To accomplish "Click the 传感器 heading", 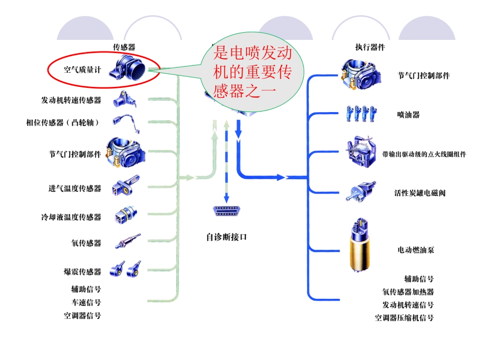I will coord(124,47).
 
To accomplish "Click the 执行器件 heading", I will coord(370,47).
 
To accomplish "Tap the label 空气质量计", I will coord(82,70).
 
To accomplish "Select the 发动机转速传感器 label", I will coord(71,100).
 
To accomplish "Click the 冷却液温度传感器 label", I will coord(71,217).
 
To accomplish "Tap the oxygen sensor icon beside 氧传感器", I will coord(127,241).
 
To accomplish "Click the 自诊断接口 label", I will coord(226,236).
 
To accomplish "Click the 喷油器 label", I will coord(408,115).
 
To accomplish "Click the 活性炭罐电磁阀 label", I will coord(419,193).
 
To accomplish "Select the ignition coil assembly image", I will coord(361,151).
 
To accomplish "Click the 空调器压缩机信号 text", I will coord(404,318).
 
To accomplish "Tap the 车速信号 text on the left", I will coord(86,302).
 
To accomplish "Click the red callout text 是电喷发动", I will coord(252,54).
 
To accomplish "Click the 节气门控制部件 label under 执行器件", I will coord(423,76).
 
